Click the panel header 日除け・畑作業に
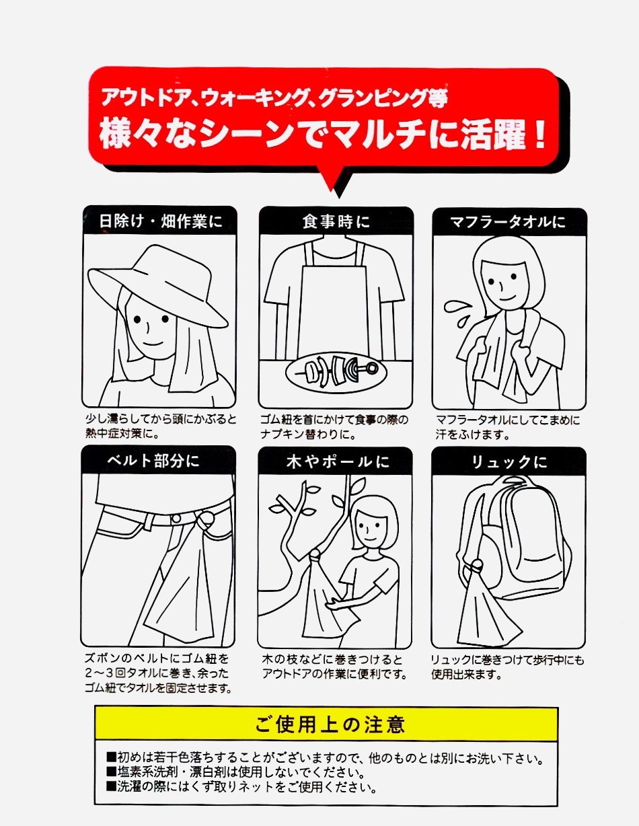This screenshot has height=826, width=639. (x=160, y=221)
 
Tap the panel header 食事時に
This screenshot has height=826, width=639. (x=336, y=221)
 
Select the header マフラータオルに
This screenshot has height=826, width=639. (x=508, y=222)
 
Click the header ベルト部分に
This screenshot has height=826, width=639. (x=153, y=461)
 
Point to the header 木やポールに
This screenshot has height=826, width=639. (x=338, y=462)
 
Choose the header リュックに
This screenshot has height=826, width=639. (x=509, y=462)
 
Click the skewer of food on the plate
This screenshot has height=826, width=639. (x=340, y=370)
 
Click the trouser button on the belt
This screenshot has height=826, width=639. (x=176, y=519)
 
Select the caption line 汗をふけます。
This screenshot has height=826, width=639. (x=472, y=435)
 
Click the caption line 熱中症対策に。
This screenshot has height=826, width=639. (x=122, y=433)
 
